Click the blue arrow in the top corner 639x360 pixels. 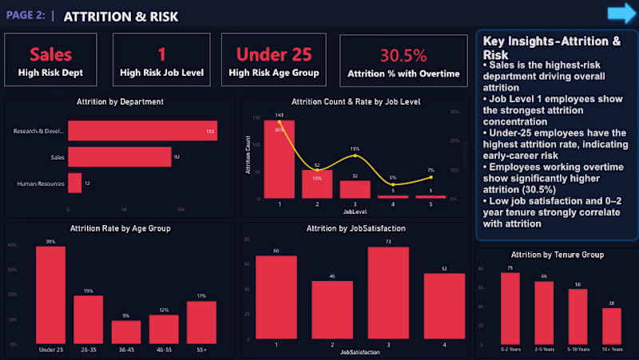coord(619,13)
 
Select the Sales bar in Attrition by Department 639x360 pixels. coord(119,156)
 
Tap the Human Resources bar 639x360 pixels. coord(74,184)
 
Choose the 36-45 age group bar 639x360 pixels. coord(126,332)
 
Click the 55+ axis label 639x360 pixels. coord(200,350)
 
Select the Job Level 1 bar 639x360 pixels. coord(280,159)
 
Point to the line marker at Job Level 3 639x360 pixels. coord(355,156)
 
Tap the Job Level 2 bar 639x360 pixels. coord(317,184)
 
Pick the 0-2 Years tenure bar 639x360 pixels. coord(510,308)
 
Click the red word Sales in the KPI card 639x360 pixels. coord(50,54)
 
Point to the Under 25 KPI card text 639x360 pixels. coord(273,54)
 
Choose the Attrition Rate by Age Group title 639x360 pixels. coord(120,228)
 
